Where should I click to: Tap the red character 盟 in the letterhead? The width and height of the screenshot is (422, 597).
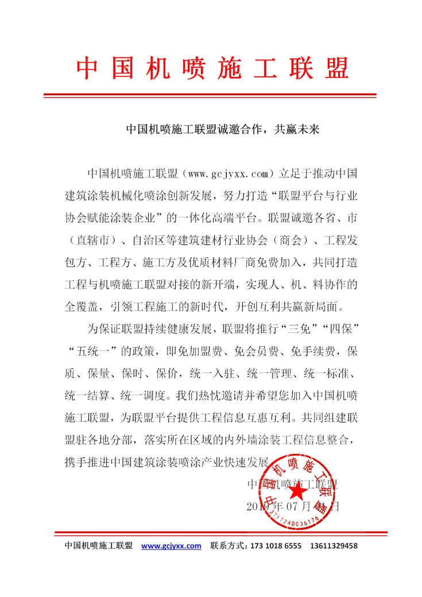click(335, 68)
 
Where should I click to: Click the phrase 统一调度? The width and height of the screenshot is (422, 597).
click(143, 396)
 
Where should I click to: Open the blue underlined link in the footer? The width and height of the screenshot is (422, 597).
click(171, 546)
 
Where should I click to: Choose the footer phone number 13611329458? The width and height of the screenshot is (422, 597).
click(334, 546)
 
